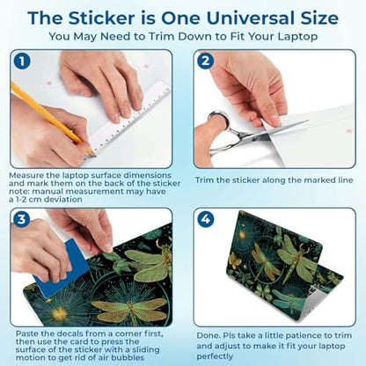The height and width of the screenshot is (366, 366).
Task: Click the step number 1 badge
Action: (x=22, y=62)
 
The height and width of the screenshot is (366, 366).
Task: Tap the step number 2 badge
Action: (x=205, y=61)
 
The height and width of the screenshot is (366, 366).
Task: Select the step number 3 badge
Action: (x=22, y=219)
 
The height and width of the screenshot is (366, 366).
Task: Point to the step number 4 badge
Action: (x=205, y=219)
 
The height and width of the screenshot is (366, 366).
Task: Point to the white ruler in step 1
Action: (x=129, y=117)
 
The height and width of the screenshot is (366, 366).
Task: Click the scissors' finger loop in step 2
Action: (x=218, y=121)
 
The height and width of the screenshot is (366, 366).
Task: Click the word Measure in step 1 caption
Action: (x=26, y=175)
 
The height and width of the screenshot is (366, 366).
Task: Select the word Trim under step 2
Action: (x=204, y=179)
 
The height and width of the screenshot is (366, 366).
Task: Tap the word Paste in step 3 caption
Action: (x=26, y=333)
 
